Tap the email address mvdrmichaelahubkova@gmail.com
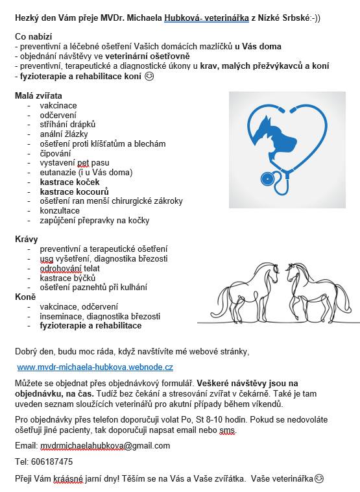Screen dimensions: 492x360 [105, 446]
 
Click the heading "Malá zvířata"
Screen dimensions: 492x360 [39, 95]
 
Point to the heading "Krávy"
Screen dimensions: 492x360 [27, 240]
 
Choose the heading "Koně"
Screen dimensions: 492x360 [25, 297]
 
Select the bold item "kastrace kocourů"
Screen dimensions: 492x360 [74, 191]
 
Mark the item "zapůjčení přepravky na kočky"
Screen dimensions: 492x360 [94, 220]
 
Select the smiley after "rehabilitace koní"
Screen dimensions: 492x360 [149, 77]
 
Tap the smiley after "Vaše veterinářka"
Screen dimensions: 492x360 [318, 478]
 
